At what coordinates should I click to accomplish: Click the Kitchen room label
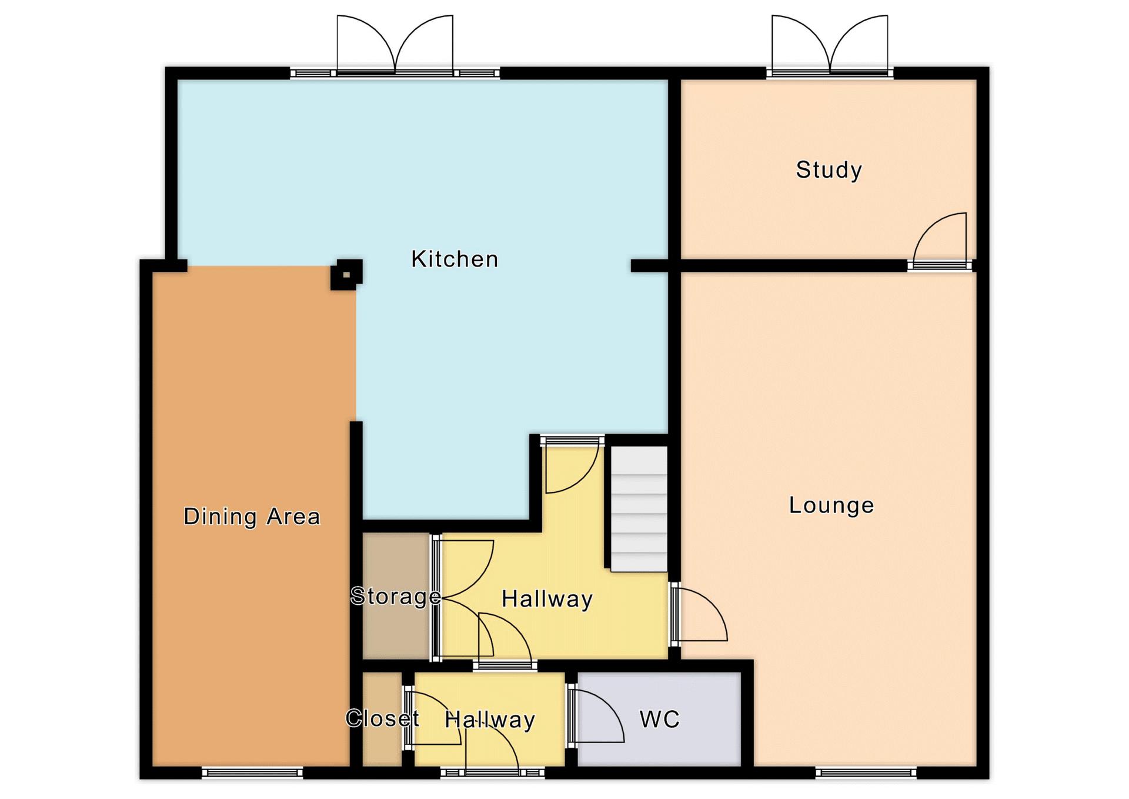(x=455, y=259)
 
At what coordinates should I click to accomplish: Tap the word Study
(x=829, y=170)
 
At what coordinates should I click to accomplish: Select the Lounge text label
(x=831, y=505)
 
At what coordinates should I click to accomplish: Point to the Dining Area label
(x=252, y=517)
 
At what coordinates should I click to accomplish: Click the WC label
(x=660, y=719)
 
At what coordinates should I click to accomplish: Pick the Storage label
(x=396, y=597)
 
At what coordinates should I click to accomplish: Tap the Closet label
(x=382, y=718)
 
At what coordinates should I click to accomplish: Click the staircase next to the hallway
(x=639, y=508)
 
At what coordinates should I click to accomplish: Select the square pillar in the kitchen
(x=346, y=275)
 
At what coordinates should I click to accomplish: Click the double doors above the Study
(x=830, y=45)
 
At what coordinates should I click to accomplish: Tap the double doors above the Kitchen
(x=395, y=45)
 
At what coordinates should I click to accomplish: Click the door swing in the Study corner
(x=939, y=240)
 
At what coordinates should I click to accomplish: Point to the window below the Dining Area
(x=252, y=773)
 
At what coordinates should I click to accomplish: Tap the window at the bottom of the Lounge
(x=866, y=773)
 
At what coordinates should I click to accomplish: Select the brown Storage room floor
(x=395, y=595)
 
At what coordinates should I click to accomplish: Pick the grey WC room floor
(x=659, y=719)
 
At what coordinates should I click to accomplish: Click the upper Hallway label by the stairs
(x=547, y=600)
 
